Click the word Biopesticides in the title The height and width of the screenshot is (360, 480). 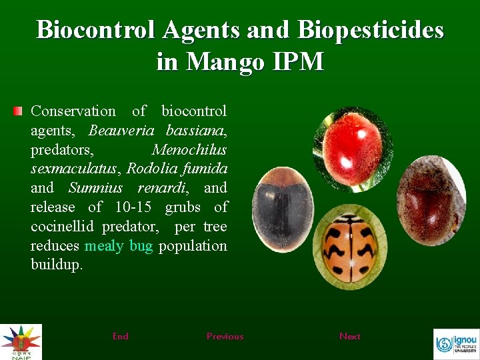tap(371, 30)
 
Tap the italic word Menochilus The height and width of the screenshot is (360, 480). tap(189, 149)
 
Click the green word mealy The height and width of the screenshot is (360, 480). tap(104, 246)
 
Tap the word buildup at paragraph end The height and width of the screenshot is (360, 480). tap(56, 265)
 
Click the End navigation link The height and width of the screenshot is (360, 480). tap(121, 337)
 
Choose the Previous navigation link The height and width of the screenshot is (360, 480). tap(225, 337)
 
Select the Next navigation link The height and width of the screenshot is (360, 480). tap(349, 337)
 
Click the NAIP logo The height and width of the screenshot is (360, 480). tap(21, 341)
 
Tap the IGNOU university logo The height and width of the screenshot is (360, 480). tap(456, 344)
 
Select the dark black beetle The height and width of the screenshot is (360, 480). tap(284, 209)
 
